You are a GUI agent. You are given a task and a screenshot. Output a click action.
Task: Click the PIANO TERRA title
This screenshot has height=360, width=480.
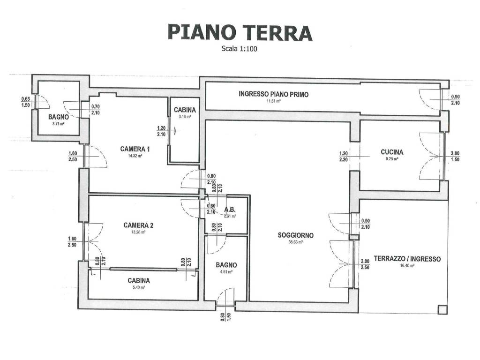(240, 33)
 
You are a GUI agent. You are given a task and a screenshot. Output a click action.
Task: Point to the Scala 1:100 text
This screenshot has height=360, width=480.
(240, 48)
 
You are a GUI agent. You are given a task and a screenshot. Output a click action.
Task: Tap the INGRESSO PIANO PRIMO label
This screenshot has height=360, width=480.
(274, 94)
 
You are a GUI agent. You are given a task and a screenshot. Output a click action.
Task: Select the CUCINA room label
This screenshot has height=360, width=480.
(392, 152)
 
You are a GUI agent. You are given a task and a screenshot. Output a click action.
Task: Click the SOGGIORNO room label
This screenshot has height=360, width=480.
(296, 235)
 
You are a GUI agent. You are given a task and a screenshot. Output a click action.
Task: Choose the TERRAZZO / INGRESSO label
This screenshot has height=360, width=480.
(407, 259)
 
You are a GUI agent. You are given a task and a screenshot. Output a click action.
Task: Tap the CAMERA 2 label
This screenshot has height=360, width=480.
(138, 225)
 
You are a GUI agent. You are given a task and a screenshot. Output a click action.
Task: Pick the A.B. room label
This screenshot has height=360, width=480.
(230, 210)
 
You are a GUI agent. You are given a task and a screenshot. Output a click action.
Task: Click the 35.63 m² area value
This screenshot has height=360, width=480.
(296, 242)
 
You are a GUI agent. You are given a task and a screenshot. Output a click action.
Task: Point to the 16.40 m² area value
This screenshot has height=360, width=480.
(407, 265)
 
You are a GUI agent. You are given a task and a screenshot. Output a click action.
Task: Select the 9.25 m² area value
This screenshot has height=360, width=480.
(392, 159)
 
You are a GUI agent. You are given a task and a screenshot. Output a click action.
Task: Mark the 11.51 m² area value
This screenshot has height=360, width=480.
(274, 101)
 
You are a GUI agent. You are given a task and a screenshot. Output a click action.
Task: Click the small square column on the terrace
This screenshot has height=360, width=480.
(441, 309)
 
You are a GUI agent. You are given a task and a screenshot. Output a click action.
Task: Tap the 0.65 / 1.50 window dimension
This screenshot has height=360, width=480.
(26, 102)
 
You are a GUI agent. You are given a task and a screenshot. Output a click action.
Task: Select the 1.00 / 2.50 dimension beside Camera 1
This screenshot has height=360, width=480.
(73, 156)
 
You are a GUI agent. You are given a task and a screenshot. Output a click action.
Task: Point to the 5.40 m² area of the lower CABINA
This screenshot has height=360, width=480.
(139, 288)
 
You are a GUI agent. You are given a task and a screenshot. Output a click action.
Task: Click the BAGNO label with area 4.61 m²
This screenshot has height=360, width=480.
(226, 265)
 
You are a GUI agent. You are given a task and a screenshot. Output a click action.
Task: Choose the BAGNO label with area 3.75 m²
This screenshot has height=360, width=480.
(59, 117)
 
